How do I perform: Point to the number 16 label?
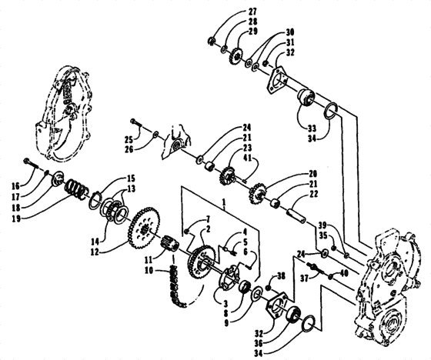(x=16, y=186)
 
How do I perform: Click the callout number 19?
(x=16, y=219)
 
